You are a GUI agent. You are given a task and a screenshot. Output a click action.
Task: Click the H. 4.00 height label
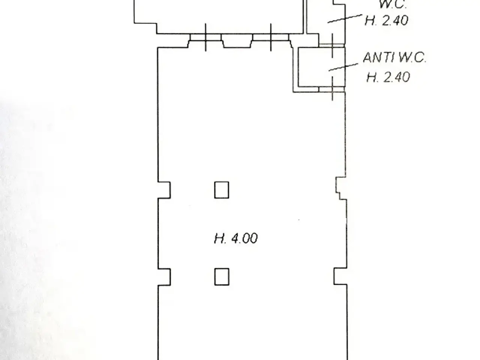(235, 238)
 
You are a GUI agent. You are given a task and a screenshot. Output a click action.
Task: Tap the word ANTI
(379, 58)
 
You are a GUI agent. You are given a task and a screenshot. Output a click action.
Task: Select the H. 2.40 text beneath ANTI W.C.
(388, 77)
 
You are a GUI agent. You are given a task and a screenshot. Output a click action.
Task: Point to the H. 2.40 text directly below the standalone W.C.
(386, 20)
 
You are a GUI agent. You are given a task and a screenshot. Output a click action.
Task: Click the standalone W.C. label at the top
(393, 4)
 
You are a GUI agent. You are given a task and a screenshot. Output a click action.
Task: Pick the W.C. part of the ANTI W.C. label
(412, 58)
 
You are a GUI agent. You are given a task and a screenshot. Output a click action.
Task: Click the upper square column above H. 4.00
(222, 190)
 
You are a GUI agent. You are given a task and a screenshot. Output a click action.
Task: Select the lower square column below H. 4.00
(222, 277)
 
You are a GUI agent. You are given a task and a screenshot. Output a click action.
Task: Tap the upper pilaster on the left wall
(164, 190)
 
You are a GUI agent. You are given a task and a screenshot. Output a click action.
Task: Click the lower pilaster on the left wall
(164, 277)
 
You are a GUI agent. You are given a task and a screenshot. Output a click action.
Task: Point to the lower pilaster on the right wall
(340, 276)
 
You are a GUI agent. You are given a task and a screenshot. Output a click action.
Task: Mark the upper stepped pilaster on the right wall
(341, 188)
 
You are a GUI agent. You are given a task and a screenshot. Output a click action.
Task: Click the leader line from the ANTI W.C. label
(343, 67)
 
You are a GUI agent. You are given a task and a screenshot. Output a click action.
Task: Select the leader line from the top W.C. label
(345, 19)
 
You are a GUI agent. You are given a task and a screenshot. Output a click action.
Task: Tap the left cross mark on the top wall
(205, 37)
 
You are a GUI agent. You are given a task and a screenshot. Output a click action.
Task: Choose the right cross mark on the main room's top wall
(271, 37)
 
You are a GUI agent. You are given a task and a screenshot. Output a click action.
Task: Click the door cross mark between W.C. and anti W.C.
(332, 45)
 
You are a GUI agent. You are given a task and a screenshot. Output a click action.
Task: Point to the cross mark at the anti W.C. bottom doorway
(332, 89)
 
